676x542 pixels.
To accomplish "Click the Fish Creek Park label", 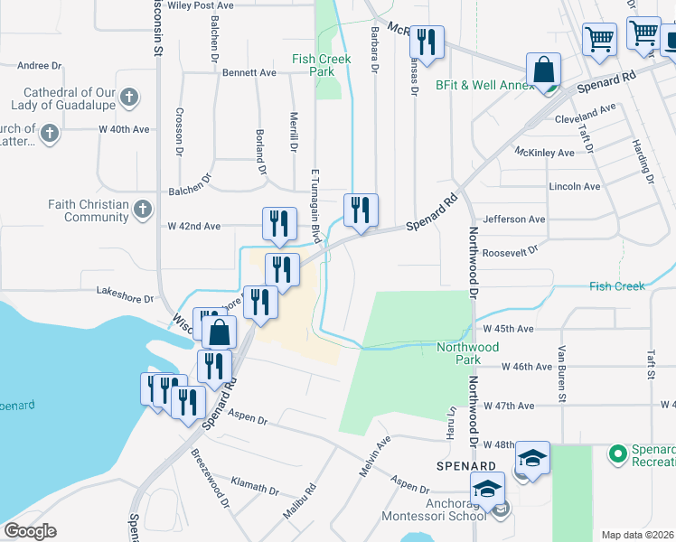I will pos(314,64).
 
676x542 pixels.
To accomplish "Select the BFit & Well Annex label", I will pos(484,85).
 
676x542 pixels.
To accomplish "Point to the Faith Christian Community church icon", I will pos(141,210).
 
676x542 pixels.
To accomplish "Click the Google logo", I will pos(30,531).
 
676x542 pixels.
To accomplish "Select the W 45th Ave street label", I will pos(508,329).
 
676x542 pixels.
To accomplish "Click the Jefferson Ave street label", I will pos(514,220).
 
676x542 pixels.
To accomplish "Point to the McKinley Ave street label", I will pos(544,153).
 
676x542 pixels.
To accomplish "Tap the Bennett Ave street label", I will pos(249,72).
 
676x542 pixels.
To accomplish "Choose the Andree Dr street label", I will pos(39,65).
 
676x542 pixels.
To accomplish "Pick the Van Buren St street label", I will pos(561,374).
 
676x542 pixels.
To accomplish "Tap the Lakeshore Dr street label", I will pos(125,294).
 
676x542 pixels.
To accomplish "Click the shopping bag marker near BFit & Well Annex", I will pos(544,70).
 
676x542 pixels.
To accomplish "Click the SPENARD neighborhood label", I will pos(464,467).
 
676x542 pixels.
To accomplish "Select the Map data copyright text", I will pos(638,535).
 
